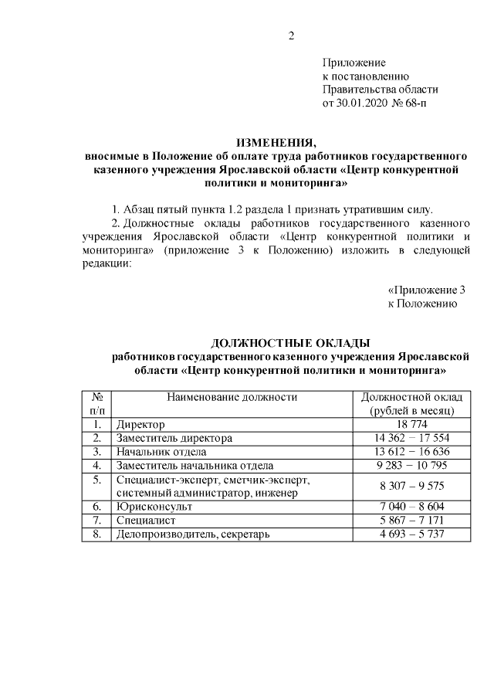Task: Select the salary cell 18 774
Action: coord(412,424)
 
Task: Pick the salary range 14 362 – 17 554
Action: coord(412,438)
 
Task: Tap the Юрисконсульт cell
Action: coord(154,507)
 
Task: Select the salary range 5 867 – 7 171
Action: coord(412,521)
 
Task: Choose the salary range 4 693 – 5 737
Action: coord(412,534)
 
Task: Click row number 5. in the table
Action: coord(97,480)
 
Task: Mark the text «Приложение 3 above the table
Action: coord(426,290)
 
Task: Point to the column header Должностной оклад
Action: coord(412,397)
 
